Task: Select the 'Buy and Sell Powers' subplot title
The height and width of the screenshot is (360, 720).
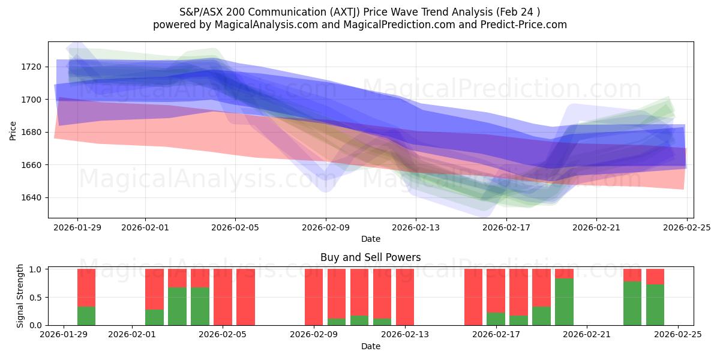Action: [x=370, y=257]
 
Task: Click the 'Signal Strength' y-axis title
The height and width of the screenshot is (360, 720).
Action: [x=20, y=296]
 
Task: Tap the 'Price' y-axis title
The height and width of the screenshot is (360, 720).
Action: [x=13, y=130]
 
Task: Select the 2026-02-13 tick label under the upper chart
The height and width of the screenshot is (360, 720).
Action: [x=416, y=227]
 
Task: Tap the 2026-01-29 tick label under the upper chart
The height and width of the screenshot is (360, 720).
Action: [x=77, y=227]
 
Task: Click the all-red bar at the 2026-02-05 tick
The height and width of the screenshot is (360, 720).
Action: [x=223, y=297]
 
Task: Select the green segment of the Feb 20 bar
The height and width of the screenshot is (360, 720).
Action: [x=564, y=302]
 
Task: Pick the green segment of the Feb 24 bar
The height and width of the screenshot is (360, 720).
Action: [x=655, y=305]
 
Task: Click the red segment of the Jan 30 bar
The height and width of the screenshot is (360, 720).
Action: [x=86, y=287]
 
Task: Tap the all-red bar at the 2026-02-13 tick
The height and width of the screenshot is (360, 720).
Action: [x=405, y=297]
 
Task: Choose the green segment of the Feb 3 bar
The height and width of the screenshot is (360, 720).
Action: [x=177, y=306]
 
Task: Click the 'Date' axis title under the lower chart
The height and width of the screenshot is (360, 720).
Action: [x=370, y=346]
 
